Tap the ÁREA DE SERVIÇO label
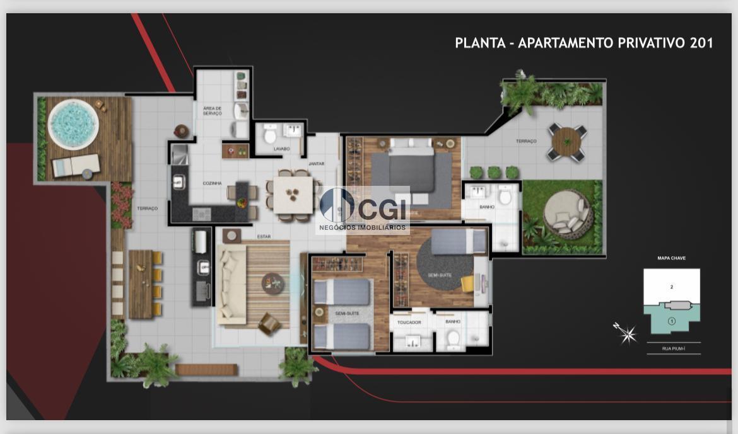click(x=212, y=111)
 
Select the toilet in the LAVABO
click(x=271, y=134)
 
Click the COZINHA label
click(x=212, y=183)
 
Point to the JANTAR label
click(x=317, y=164)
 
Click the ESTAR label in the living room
click(x=264, y=237)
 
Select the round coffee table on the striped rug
click(x=273, y=283)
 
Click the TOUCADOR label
click(x=408, y=322)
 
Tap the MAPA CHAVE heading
click(x=671, y=258)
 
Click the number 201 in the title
click(x=701, y=43)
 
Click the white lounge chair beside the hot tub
click(x=75, y=166)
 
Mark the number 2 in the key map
click(x=672, y=287)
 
